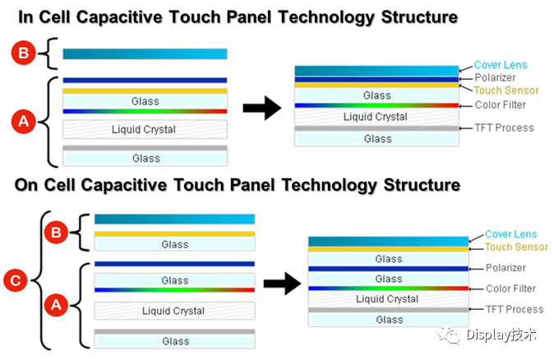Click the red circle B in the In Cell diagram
coord(24,53)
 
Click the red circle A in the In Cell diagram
coord(24,122)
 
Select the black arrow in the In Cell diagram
coord(261,108)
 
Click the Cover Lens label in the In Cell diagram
coord(501,65)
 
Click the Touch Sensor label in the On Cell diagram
coord(516,247)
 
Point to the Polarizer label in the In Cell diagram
coord(496,77)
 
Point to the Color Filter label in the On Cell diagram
coord(510,288)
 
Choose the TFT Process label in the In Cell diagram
coord(504,127)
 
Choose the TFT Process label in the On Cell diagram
coord(515,309)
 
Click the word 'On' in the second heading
coord(29,185)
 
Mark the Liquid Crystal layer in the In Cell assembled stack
coord(376,117)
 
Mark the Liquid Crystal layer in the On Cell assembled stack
coord(388,299)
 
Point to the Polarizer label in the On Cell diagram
coord(506,268)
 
